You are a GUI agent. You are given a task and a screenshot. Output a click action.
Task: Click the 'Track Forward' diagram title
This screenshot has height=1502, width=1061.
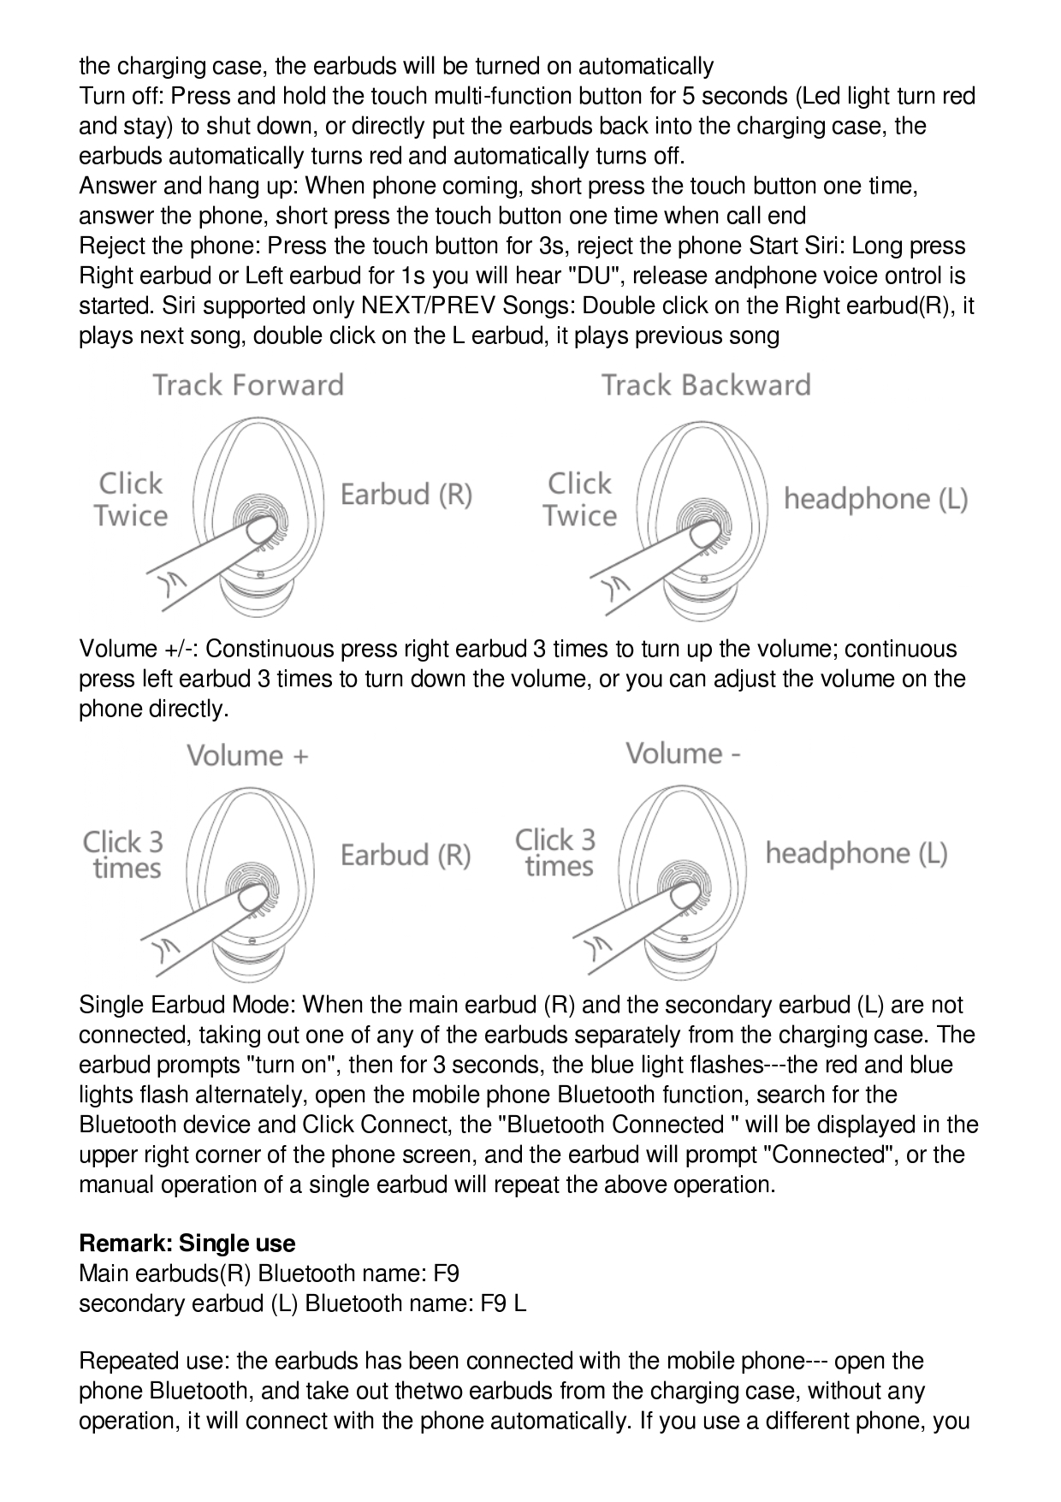248,385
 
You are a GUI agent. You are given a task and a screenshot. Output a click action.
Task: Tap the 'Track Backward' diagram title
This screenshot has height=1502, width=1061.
706,385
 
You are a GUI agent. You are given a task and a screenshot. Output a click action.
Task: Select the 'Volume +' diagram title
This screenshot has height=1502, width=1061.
247,756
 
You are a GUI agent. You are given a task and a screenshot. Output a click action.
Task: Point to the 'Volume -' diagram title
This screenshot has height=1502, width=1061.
683,754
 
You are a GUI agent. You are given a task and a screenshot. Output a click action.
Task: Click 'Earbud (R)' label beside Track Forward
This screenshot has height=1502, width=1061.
406,495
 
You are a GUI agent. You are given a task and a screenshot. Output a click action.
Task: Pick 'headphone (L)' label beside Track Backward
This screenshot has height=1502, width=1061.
875,499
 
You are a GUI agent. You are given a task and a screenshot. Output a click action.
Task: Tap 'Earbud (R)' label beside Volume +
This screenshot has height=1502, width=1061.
406,855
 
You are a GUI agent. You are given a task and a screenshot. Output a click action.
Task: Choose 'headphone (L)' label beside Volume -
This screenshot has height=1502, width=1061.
857,853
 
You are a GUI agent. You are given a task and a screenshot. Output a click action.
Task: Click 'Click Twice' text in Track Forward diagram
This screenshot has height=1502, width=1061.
131,500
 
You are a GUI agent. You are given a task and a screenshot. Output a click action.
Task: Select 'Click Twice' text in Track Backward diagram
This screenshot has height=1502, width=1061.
579,500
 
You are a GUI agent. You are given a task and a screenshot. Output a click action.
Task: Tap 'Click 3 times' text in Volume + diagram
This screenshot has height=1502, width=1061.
124,855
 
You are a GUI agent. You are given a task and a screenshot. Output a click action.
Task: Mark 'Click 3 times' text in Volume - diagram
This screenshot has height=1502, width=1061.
556,852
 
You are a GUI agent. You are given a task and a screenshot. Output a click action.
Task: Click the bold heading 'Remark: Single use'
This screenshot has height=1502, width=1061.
187,1244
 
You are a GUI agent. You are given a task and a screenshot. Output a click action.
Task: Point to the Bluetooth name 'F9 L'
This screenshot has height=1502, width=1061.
503,1303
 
